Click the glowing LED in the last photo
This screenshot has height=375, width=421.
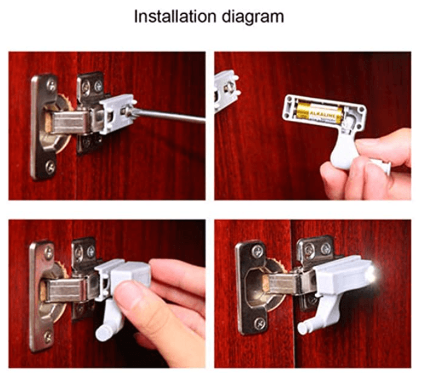point(373,273)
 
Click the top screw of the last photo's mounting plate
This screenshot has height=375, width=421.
point(257,253)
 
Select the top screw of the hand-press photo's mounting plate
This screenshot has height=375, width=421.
point(48,253)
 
